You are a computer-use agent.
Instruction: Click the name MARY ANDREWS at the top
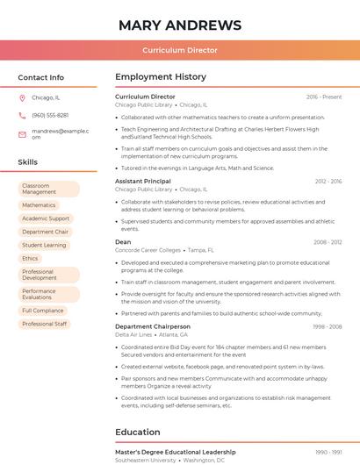179,25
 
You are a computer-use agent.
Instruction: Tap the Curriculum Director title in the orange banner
179,50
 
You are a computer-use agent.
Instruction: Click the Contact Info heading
40,77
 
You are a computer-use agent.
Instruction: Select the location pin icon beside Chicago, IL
23,98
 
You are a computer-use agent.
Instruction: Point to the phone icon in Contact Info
23,116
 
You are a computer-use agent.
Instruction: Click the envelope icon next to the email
23,133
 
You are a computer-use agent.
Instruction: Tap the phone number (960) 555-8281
50,116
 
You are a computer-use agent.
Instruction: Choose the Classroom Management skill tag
48,189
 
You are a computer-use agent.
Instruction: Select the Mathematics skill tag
39,205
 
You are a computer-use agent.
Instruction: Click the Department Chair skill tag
45,232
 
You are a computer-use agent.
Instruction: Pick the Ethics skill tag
30,258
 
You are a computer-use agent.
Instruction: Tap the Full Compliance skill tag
43,311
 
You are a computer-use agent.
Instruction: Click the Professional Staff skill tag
44,324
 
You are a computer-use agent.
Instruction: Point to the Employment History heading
161,77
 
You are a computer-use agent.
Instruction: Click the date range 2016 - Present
324,97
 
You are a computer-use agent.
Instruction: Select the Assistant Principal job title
143,181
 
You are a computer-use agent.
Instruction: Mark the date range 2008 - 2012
328,242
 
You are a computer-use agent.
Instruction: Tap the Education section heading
139,433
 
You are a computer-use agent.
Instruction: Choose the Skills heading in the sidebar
28,162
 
